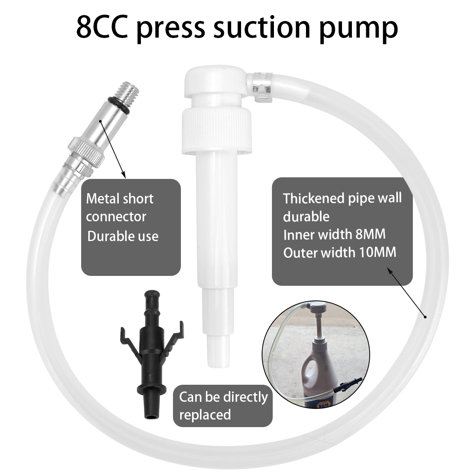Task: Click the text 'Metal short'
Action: coord(120,199)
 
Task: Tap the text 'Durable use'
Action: coord(123,236)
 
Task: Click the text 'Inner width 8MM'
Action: coord(334,234)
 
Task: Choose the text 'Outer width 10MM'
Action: coord(340,253)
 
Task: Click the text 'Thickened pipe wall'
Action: coord(342,198)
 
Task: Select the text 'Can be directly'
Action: coord(223,397)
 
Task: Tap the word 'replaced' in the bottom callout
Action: coord(205,415)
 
